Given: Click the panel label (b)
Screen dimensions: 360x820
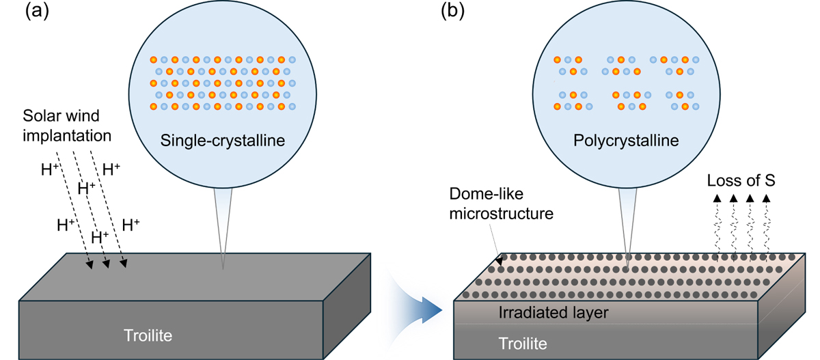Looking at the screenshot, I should [x=456, y=12].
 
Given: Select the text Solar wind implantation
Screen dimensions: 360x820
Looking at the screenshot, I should [x=66, y=126].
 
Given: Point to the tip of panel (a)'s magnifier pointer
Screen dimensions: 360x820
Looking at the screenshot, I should [x=223, y=268].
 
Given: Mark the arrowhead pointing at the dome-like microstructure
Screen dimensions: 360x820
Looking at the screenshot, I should [x=499, y=260].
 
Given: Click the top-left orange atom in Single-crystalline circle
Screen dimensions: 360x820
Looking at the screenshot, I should [x=154, y=59].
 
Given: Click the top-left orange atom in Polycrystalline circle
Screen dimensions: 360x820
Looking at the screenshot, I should [x=558, y=59].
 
